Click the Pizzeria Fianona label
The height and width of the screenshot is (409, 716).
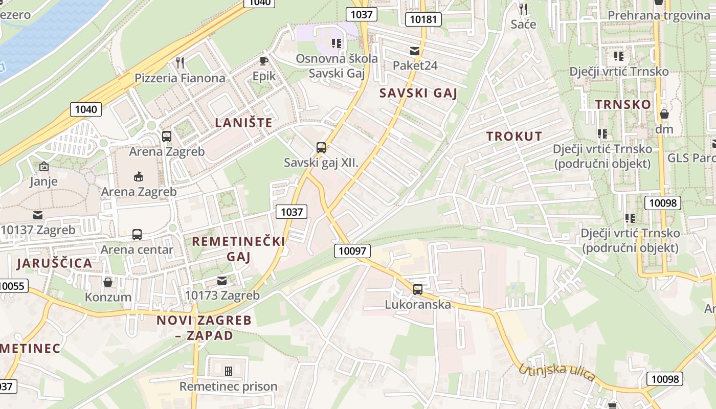[180, 78]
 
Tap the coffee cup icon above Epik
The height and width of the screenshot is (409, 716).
[263, 61]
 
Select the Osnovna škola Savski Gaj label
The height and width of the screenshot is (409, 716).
[337, 65]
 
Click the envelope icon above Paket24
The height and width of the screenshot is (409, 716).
[414, 51]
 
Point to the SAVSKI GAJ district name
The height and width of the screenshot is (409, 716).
[418, 93]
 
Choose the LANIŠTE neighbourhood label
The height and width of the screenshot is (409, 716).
[243, 123]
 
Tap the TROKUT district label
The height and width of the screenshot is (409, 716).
[514, 136]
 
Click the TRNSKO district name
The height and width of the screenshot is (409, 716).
[623, 104]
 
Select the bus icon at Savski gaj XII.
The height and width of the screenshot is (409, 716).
[321, 148]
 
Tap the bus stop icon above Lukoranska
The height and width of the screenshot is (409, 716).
[418, 289]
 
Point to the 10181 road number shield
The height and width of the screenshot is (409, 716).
[423, 19]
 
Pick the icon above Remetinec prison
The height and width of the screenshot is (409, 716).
[228, 371]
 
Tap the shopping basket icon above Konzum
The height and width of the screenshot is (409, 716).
[108, 282]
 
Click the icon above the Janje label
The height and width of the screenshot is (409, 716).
[43, 166]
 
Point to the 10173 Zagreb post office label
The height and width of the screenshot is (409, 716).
[222, 295]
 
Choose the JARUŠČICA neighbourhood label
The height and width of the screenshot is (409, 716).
[54, 263]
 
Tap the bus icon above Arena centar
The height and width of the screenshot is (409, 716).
[137, 235]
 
